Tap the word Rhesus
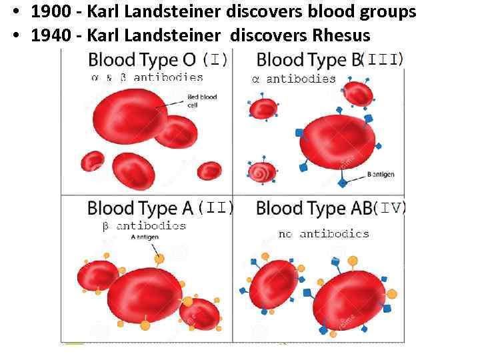click(x=337, y=34)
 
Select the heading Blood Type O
click(x=142, y=61)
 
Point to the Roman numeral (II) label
click(x=217, y=208)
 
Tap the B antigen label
click(x=381, y=175)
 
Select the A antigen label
click(x=144, y=237)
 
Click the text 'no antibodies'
click(x=323, y=234)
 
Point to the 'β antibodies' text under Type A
click(x=144, y=226)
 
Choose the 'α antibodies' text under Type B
click(x=294, y=79)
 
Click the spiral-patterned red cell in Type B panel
click(x=261, y=172)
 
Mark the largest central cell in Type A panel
click(x=145, y=293)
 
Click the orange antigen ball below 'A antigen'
click(x=159, y=259)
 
